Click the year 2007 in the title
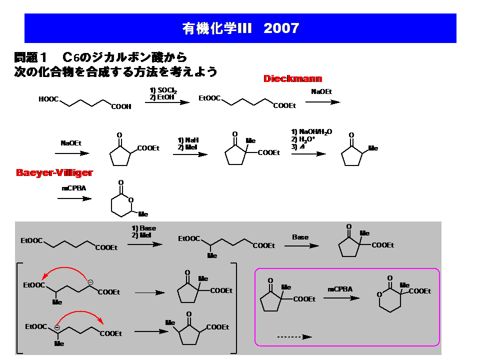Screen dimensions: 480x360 (281, 28)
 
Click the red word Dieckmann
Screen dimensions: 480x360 (292, 78)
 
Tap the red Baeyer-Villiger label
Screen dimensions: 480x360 (54, 173)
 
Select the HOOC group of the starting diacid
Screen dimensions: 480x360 (48, 99)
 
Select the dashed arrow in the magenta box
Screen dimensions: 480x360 (294, 336)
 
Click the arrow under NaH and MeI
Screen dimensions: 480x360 (190, 154)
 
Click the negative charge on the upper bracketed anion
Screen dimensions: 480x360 (90, 282)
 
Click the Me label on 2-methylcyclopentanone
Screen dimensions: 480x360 (373, 148)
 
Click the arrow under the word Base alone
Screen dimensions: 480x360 (304, 246)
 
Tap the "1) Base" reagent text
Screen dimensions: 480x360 (144, 228)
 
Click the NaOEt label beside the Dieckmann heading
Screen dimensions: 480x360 (321, 92)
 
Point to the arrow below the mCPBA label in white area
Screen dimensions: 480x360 (74, 198)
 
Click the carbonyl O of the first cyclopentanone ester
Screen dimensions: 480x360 (119, 135)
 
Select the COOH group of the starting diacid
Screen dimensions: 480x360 (121, 106)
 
